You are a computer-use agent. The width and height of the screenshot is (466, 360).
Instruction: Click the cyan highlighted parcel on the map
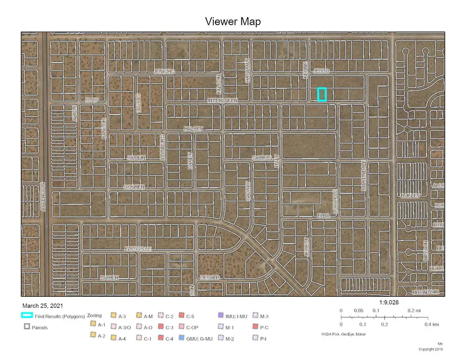point(322,94)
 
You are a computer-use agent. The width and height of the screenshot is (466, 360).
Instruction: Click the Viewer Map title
point(232,21)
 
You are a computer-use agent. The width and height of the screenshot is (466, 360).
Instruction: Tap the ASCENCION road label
point(45,196)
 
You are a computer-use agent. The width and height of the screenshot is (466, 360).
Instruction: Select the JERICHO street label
point(165,71)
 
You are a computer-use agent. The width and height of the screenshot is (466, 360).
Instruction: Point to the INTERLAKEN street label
point(223,100)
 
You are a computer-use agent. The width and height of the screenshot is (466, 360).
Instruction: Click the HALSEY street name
point(194,128)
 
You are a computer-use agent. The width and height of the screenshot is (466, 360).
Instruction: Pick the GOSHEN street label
point(134,186)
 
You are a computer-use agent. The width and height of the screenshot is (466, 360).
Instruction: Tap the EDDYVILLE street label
point(138,249)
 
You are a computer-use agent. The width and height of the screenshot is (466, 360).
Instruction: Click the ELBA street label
point(324,215)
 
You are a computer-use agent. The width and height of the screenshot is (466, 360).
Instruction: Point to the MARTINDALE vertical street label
point(364,176)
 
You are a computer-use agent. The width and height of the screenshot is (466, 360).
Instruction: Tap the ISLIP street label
point(92,100)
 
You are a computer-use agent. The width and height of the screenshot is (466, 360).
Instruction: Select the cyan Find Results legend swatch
point(27,315)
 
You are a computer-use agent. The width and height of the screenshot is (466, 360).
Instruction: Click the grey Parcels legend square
point(27,327)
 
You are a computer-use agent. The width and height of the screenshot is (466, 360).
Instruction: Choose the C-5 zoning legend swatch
point(182,316)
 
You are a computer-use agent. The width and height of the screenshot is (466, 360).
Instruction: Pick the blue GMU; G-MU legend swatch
point(182,338)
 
